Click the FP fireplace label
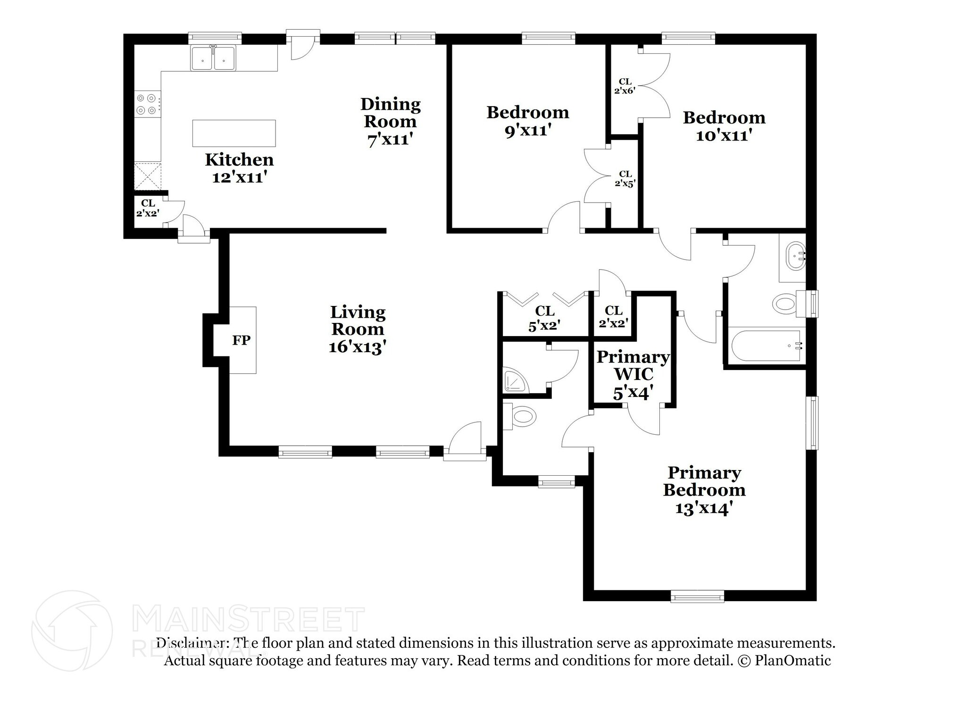pos(241,340)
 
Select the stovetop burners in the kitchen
pos(146,104)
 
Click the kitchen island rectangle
pos(234,133)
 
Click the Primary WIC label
pos(633,365)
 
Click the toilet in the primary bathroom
pos(520,416)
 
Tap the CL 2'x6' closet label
pos(625,86)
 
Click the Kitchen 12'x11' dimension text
pos(240,178)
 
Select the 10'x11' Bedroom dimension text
pos(724,136)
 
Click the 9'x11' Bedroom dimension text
pos(528,131)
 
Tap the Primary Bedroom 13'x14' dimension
pos(704,508)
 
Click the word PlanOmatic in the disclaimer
pos(792,661)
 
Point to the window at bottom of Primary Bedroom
pos(698,596)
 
